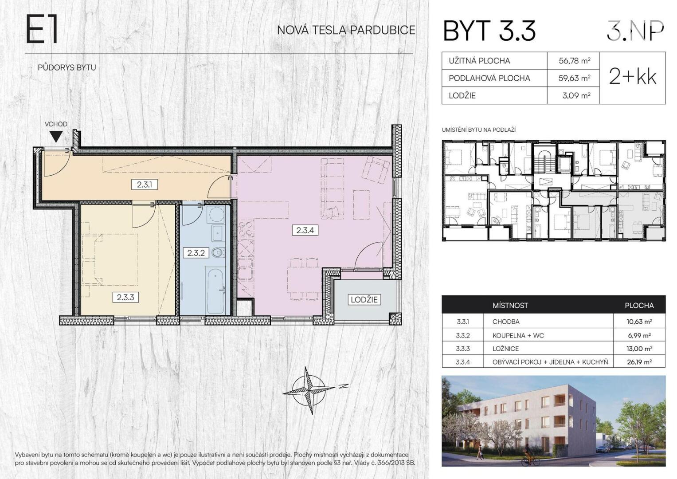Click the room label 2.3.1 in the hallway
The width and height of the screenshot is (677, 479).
(x=144, y=185)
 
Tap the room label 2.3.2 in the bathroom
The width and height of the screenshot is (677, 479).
(x=196, y=252)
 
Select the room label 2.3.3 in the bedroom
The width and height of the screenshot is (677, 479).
(x=125, y=297)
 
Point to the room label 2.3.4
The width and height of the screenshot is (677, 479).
(x=305, y=231)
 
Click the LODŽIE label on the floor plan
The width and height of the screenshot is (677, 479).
(x=364, y=300)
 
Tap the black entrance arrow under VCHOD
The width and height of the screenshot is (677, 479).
(x=56, y=137)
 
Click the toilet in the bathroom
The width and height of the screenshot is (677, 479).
(x=218, y=252)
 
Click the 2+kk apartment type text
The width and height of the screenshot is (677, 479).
(x=632, y=77)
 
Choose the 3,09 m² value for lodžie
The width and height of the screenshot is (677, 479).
(x=576, y=95)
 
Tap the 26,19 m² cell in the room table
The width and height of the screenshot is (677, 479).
(x=639, y=361)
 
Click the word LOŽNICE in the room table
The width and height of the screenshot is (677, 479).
(x=505, y=348)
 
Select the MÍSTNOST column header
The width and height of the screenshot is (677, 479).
(x=510, y=306)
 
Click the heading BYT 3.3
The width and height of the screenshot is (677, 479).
(x=489, y=31)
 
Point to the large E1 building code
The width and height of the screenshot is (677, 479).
(x=42, y=30)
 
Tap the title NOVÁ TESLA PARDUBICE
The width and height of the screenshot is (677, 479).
(x=346, y=30)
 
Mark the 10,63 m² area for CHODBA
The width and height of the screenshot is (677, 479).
(x=639, y=322)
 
